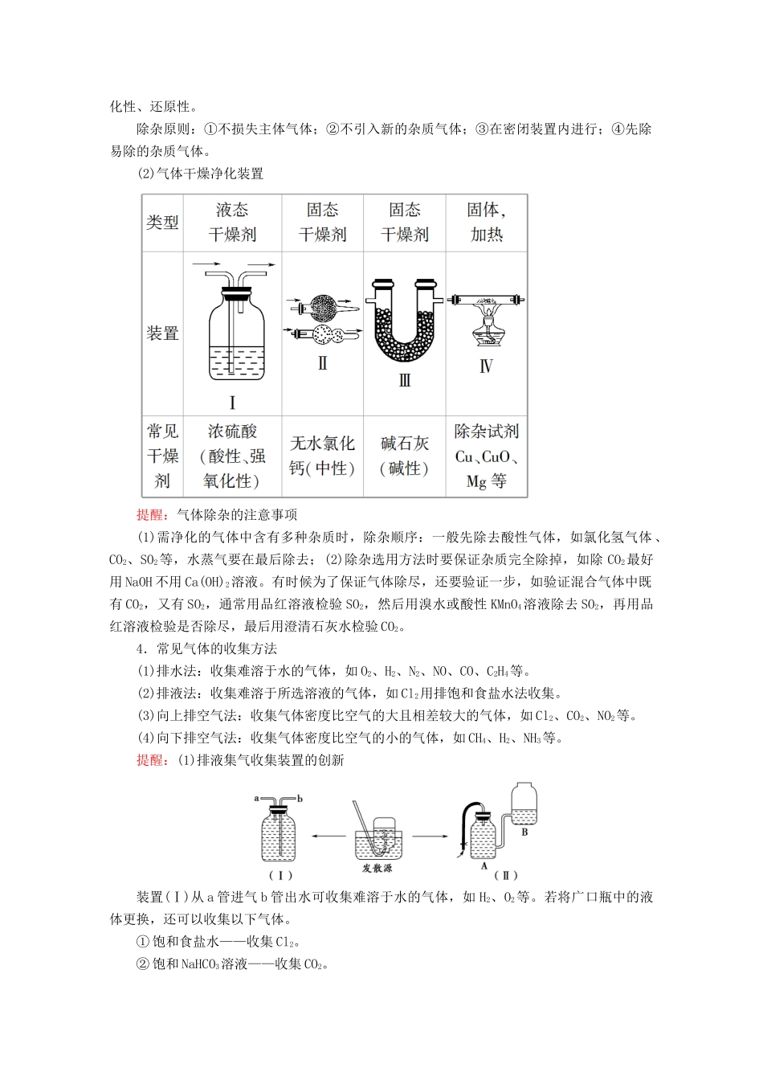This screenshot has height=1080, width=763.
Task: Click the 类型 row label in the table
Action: (x=162, y=223)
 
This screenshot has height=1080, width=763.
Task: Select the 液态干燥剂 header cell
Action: (x=232, y=223)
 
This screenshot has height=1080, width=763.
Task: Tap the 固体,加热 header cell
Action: (x=486, y=223)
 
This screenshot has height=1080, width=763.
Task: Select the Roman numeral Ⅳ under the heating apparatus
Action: (x=486, y=366)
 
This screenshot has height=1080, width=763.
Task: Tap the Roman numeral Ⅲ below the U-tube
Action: (x=405, y=380)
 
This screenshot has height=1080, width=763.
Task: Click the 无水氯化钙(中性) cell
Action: (x=322, y=456)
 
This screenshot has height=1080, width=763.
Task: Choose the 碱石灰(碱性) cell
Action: (x=404, y=456)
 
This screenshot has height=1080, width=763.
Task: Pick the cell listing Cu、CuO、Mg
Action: (x=486, y=456)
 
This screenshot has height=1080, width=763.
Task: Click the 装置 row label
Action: (x=162, y=333)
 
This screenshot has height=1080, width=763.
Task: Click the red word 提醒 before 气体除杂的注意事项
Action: (x=151, y=515)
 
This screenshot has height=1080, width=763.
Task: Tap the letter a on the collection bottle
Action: (x=256, y=799)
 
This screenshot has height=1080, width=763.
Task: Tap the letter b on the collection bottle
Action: (x=300, y=799)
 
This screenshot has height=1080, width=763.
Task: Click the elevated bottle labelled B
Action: (x=524, y=808)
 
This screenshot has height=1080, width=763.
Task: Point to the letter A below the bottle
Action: (x=484, y=866)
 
